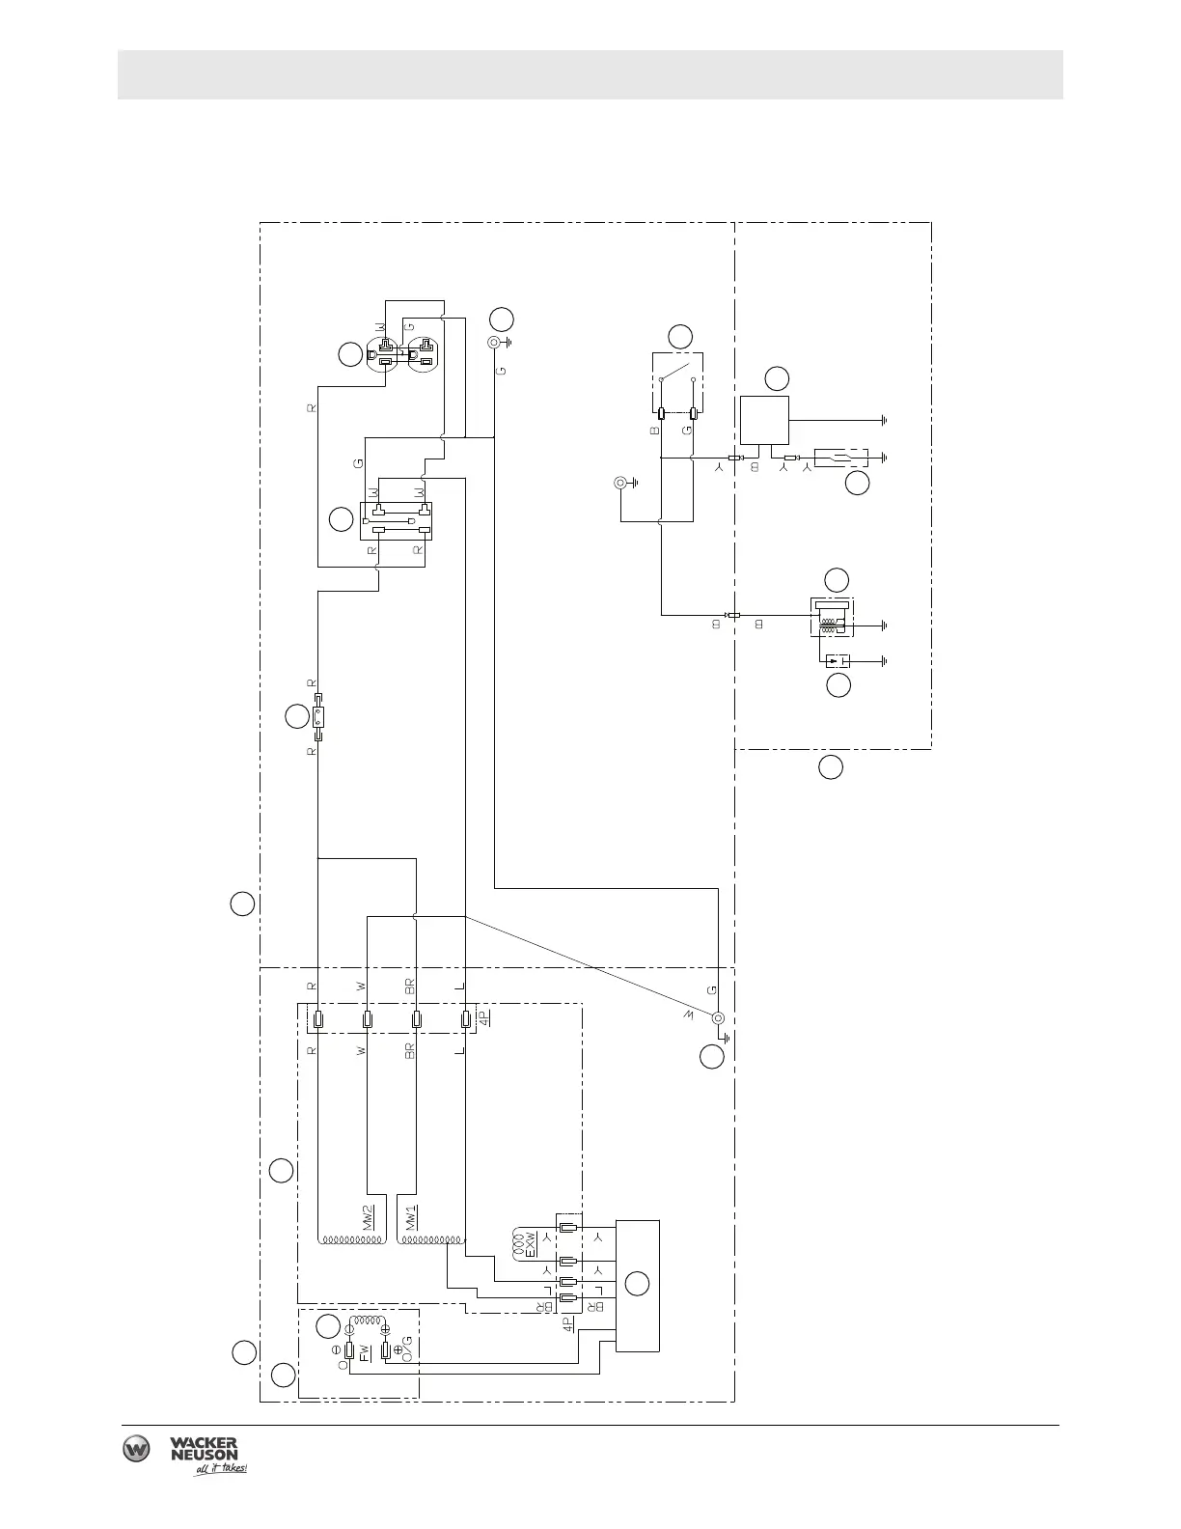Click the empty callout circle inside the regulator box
tap(637, 1284)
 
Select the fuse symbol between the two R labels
tap(317, 716)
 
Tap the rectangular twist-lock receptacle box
tap(396, 521)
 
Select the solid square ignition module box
tap(764, 420)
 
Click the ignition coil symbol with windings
tap(830, 618)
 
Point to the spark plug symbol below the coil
tap(836, 661)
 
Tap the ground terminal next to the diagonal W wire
tap(718, 1019)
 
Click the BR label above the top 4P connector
tap(409, 987)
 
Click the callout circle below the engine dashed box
tap(831, 768)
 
